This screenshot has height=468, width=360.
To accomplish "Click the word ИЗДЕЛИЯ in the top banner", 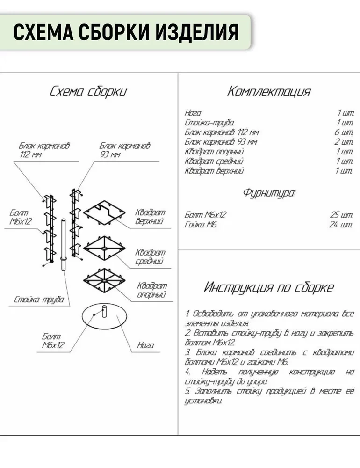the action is point(197,32).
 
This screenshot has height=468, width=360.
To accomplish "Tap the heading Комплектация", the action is point(269,91).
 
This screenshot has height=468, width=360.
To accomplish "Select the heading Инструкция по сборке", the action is point(269,287).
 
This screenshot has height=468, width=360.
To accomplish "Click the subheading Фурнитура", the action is point(269,193).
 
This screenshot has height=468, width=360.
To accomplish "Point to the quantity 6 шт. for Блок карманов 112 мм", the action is point(344,132).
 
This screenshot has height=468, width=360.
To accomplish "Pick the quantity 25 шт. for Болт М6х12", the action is point(341,215).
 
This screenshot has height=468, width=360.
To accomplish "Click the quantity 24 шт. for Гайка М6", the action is point(341,225).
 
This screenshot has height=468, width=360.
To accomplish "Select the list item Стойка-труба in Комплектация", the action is point(209,123).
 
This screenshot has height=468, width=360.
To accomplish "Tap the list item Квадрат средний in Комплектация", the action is point(214,161).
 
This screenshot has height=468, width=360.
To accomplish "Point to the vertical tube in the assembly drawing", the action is point(64,245).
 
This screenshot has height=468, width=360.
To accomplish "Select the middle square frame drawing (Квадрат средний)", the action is point(104,249).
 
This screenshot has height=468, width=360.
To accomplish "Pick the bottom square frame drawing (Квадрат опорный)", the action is point(104,280).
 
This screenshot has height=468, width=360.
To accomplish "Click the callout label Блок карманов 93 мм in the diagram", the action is point(125,150).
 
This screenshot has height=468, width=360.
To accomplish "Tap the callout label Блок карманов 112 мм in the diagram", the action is point(44,150).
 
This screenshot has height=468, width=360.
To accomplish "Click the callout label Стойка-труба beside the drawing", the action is point(39,300).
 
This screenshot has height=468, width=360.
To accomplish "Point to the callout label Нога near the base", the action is point(145,345).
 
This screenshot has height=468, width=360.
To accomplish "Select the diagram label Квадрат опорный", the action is point(152,290).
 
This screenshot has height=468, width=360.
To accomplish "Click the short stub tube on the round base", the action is point(104,312).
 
